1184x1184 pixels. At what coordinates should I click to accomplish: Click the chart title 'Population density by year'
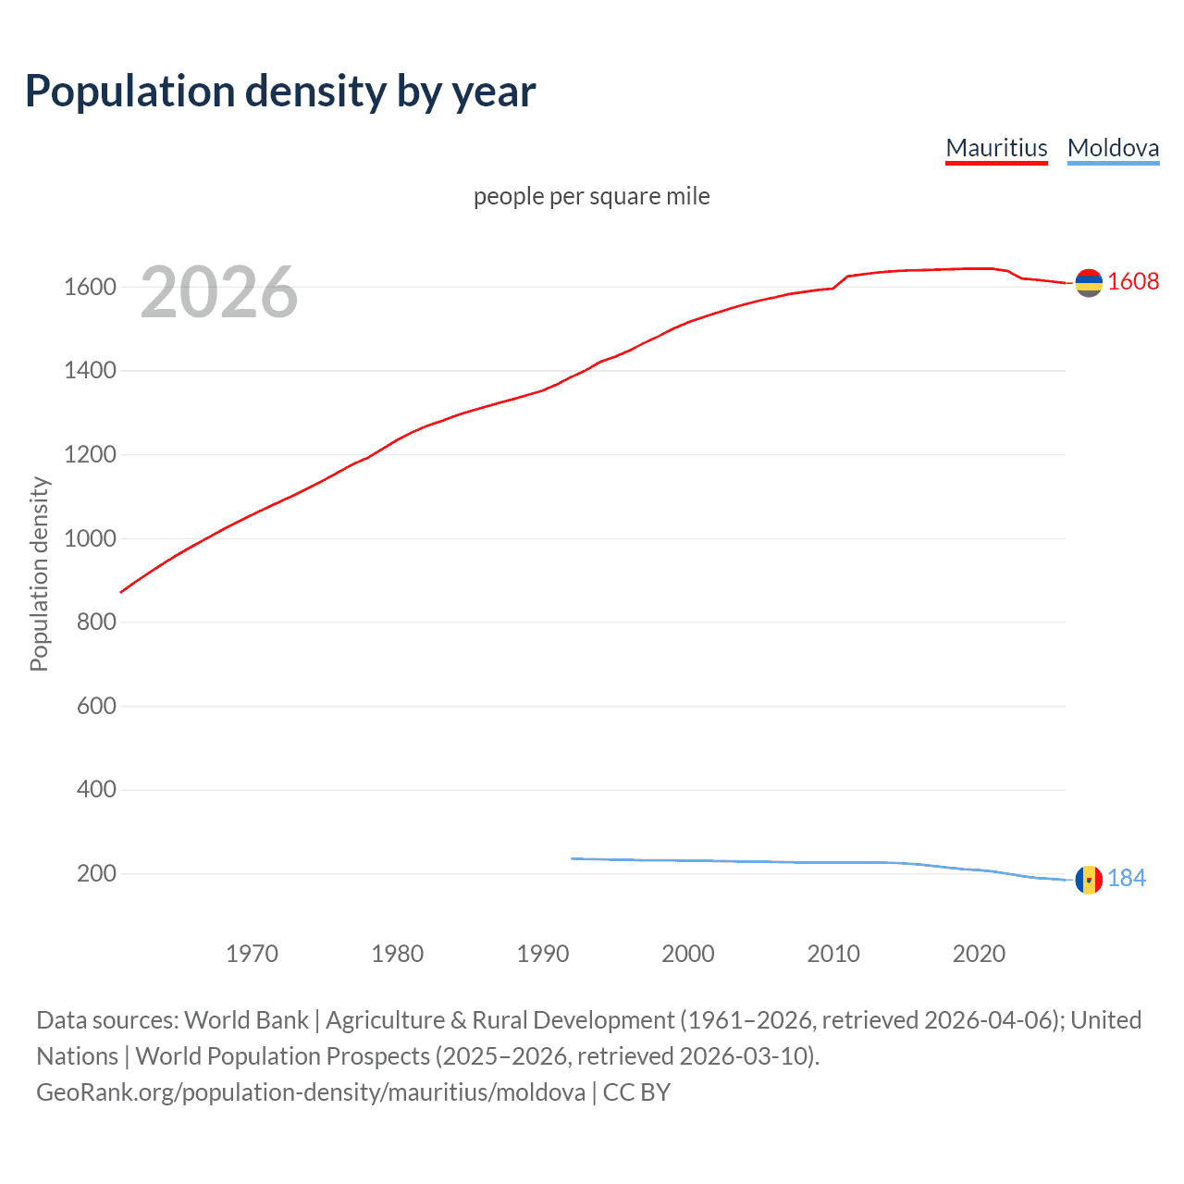280,92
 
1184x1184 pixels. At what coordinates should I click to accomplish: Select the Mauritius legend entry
996,148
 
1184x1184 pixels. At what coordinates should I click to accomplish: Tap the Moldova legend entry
1113,148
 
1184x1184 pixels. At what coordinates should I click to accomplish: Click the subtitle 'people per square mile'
592,196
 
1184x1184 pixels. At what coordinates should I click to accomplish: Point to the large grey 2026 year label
219,292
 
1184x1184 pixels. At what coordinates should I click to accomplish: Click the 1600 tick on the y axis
90,287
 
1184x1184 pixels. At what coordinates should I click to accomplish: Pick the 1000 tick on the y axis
90,538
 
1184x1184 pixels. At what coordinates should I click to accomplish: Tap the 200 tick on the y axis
96,873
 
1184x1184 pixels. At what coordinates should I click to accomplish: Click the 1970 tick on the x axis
252,954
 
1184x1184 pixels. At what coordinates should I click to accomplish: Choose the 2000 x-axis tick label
688,954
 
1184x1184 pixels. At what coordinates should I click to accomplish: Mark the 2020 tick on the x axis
979,954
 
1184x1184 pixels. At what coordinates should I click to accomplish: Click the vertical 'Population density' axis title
39,573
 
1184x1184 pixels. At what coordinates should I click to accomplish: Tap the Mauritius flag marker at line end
1089,282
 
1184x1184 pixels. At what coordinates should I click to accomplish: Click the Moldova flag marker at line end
1089,879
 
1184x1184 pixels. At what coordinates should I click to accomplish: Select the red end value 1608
1133,282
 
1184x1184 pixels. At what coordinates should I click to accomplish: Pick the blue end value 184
1127,878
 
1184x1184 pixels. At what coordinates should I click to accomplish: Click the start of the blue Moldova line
573,858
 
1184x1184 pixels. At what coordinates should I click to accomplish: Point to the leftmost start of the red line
121,592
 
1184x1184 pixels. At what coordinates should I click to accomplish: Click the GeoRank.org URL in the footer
311,1092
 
